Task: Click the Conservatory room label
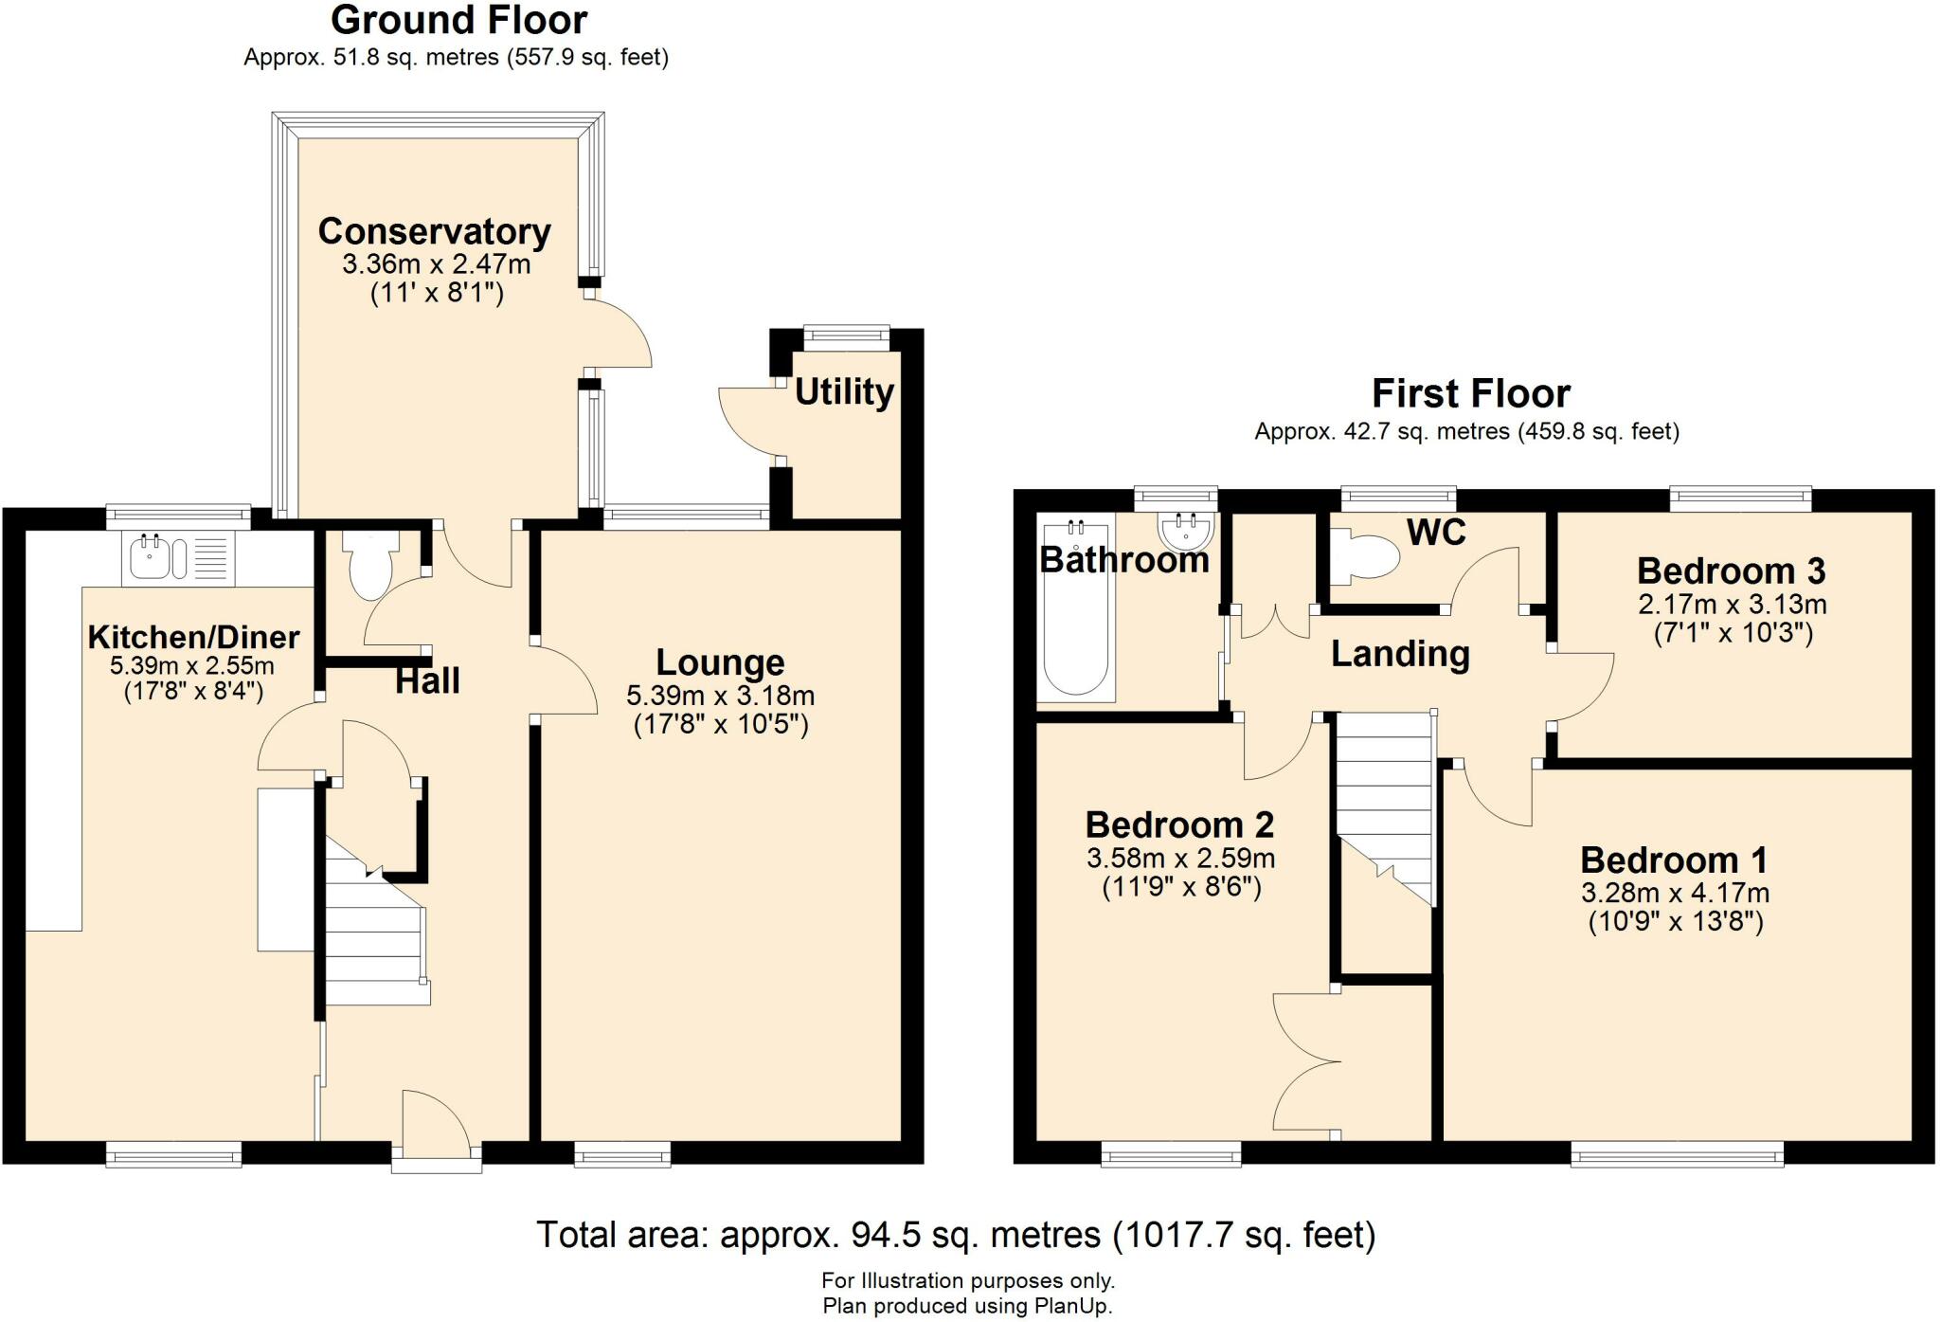(434, 231)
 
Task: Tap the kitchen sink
(152, 557)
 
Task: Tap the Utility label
(843, 391)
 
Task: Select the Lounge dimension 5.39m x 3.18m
(720, 697)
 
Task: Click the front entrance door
(437, 1132)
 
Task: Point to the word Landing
(1400, 654)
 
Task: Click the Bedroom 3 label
(1731, 570)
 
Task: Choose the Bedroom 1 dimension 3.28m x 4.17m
(1675, 893)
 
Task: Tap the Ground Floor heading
(458, 20)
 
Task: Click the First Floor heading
(1470, 393)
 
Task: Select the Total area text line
(955, 1235)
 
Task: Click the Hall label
(427, 680)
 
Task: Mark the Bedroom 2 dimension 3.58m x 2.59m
(1180, 859)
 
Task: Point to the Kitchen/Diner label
(193, 637)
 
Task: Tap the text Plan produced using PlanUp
(967, 1306)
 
